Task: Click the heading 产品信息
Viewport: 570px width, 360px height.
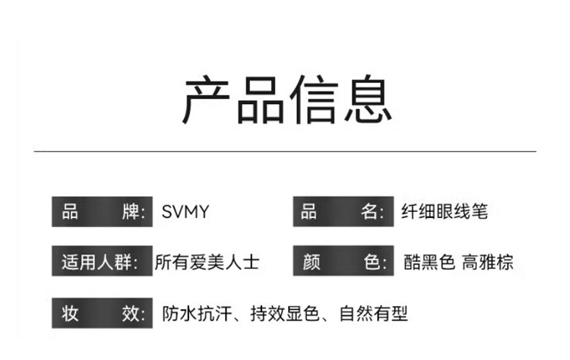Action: tap(287, 99)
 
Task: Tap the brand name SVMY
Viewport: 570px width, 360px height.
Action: tap(185, 212)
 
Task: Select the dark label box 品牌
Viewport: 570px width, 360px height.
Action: tap(101, 212)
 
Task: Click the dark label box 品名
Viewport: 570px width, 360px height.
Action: tap(342, 212)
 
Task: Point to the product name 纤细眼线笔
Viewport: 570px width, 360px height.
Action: tap(444, 212)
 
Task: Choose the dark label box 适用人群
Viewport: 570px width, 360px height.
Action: tap(101, 263)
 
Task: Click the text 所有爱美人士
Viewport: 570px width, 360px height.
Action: tap(207, 263)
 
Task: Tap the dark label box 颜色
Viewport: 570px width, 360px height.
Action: tap(342, 263)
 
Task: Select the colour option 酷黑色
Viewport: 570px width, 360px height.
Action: tap(429, 263)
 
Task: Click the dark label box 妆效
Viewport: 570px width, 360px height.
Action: tap(101, 313)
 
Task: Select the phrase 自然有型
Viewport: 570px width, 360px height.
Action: tap(373, 313)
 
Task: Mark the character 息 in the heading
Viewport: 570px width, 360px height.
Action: tap(368, 99)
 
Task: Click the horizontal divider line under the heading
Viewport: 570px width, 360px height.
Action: tap(285, 151)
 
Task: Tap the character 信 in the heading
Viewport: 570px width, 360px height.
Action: tap(314, 99)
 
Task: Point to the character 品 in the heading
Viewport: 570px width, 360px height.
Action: tap(260, 99)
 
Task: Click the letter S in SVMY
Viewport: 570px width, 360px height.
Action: tap(167, 212)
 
